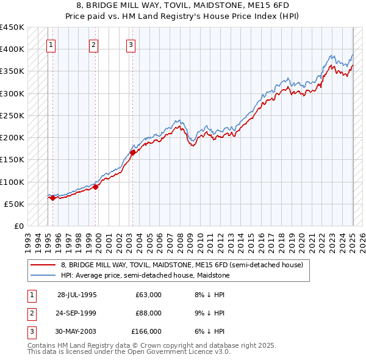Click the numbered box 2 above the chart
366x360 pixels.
coord(93,44)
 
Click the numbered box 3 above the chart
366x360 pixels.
coord(131,44)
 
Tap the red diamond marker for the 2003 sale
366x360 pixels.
coord(132,153)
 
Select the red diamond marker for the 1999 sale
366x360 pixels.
coord(95,187)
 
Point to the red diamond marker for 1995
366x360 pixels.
coord(52,198)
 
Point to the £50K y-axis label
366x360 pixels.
coord(15,204)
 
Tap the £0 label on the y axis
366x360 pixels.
coord(20,226)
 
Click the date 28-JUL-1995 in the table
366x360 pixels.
coord(77,295)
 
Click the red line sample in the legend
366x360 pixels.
coord(43,265)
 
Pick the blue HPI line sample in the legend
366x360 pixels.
coord(43,275)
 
